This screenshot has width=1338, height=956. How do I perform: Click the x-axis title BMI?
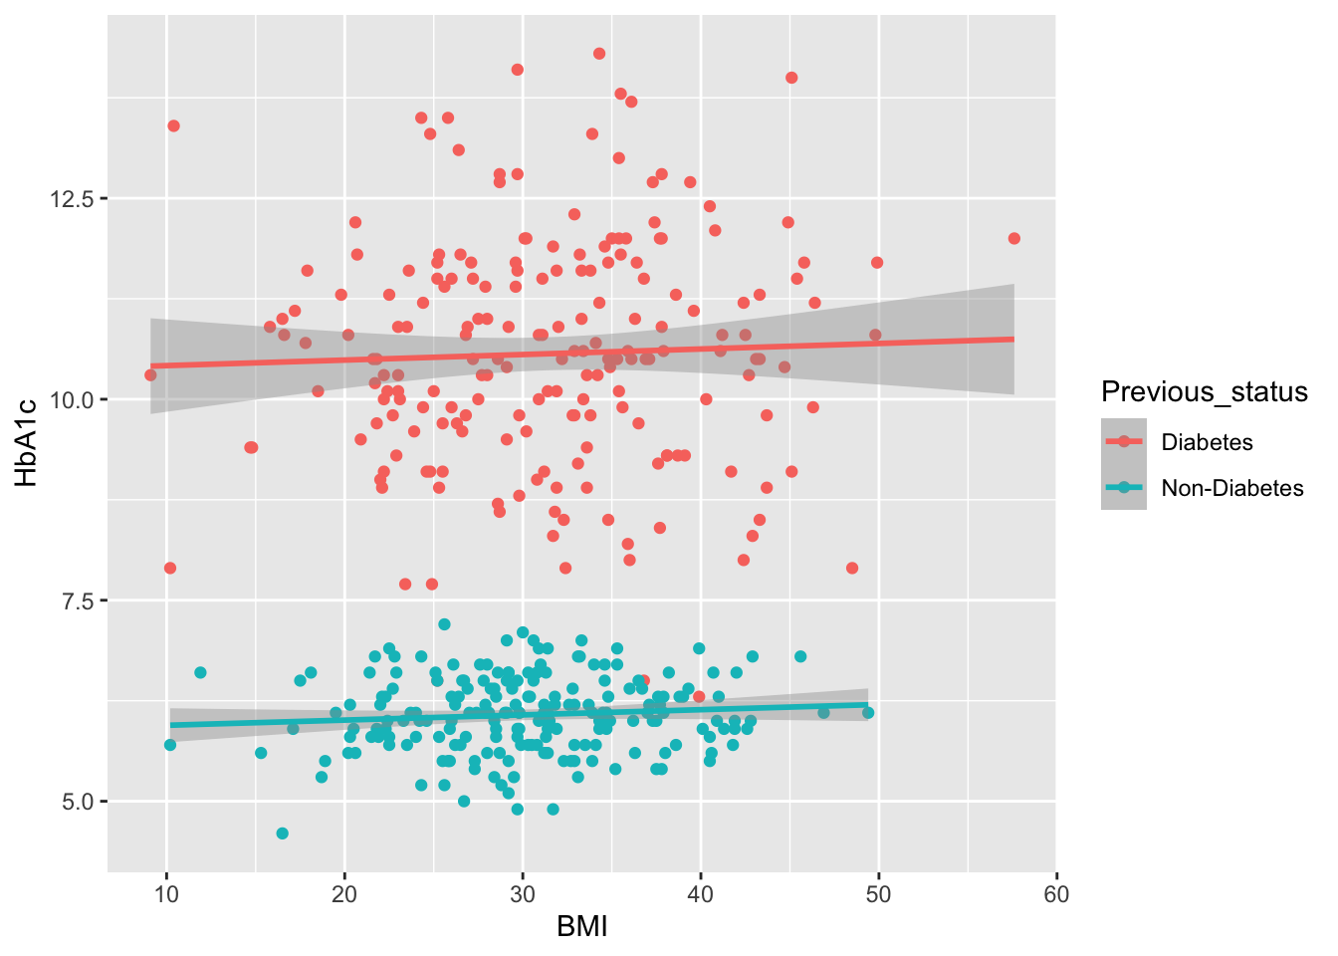point(581,928)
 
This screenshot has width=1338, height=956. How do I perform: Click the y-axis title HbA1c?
point(27,442)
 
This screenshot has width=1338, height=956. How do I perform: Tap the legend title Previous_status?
point(1204,392)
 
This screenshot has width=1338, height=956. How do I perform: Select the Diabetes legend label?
point(1207,442)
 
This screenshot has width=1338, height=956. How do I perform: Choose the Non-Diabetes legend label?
point(1232,488)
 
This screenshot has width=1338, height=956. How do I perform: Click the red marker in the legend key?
point(1124,442)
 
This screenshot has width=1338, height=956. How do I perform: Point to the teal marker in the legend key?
point(1124,488)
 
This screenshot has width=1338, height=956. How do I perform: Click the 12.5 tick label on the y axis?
point(72,199)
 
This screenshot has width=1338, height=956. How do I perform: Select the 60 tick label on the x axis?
point(1056,894)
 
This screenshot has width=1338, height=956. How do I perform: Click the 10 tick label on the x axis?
point(167,894)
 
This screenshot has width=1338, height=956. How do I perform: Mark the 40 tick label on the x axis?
point(701,894)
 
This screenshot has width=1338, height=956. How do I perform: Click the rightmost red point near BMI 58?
point(1013,238)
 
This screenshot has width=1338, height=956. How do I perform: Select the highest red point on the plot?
point(599,54)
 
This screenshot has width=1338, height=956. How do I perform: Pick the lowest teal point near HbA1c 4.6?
point(283,833)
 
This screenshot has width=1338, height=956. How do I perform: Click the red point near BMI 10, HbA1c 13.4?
point(173,125)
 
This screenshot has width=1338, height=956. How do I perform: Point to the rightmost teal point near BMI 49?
point(868,712)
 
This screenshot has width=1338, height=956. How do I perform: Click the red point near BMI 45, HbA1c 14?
point(791,78)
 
